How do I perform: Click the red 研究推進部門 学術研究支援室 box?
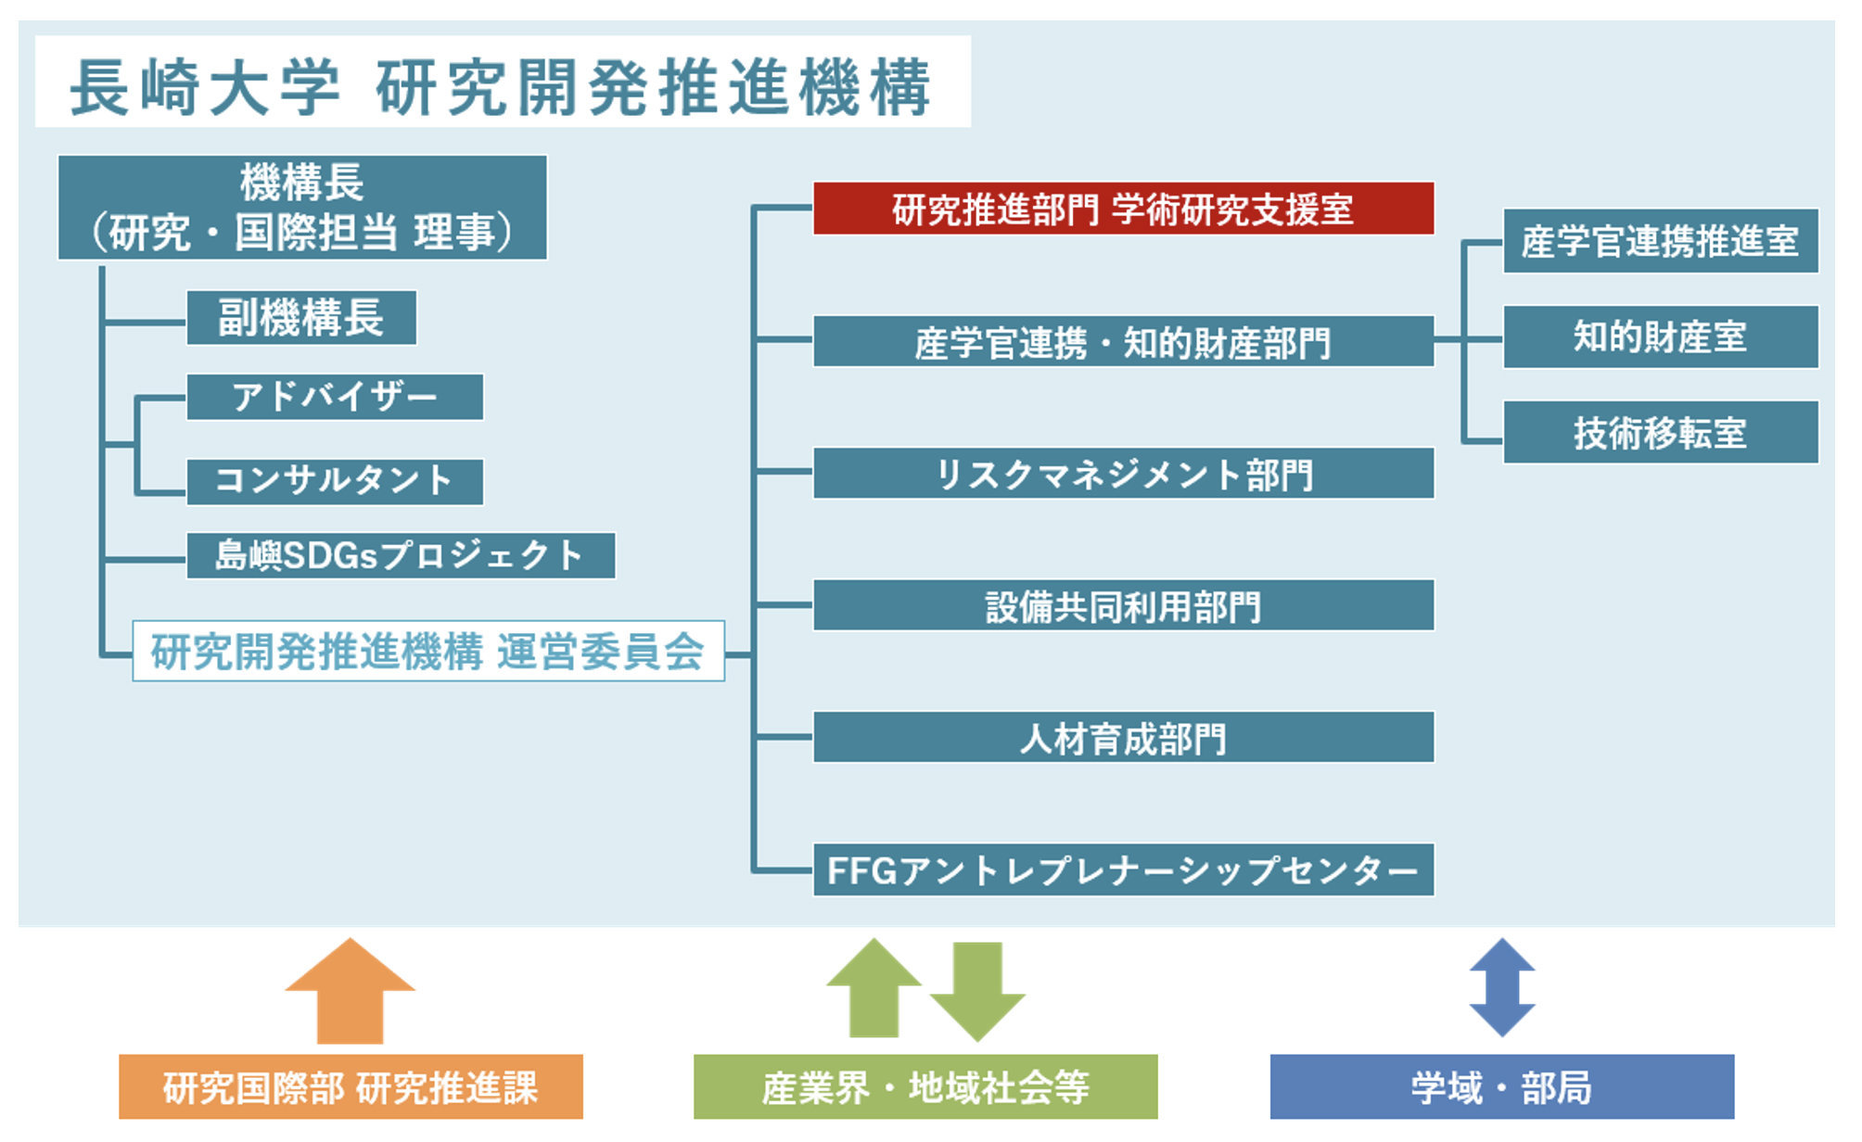click(x=1123, y=209)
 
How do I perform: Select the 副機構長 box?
click(x=300, y=318)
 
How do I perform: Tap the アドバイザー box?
click(x=334, y=397)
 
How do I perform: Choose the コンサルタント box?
click(x=334, y=481)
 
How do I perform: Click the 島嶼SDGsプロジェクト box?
click(x=401, y=555)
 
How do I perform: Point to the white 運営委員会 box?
click(x=427, y=651)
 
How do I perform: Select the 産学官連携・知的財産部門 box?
click(x=1123, y=341)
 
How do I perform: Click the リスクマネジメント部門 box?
click(x=1123, y=474)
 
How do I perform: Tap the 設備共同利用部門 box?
click(x=1123, y=605)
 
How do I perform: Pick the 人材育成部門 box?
click(x=1123, y=738)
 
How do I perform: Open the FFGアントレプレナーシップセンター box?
click(x=1123, y=869)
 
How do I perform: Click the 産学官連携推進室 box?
click(x=1660, y=241)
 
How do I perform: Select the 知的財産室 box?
click(x=1660, y=336)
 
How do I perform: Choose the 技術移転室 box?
click(x=1660, y=432)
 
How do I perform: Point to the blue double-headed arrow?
click(x=1502, y=987)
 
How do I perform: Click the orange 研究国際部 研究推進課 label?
click(x=351, y=1086)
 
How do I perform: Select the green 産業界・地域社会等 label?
click(x=925, y=1086)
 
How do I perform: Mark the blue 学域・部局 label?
click(x=1501, y=1086)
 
